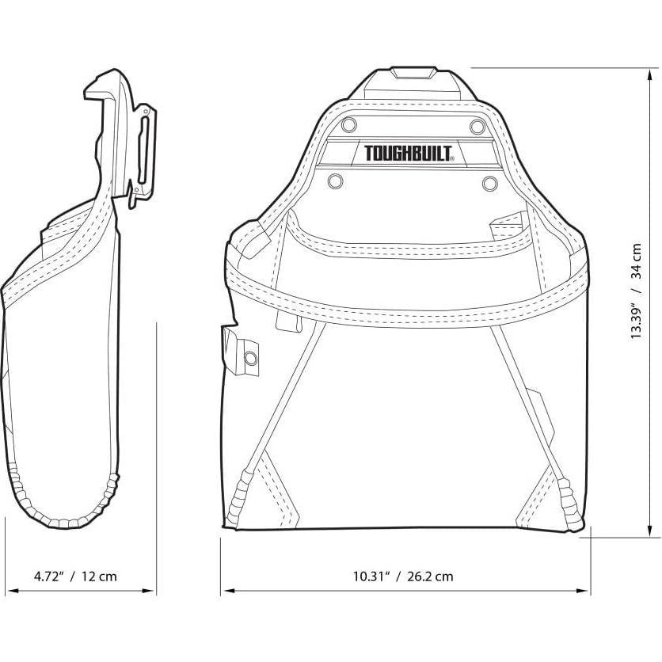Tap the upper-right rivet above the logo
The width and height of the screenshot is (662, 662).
pos(476,127)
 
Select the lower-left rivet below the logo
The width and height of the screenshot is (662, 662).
pos(334,181)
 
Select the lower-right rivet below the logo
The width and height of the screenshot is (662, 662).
pos(489,182)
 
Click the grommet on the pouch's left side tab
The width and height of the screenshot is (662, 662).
pos(251,359)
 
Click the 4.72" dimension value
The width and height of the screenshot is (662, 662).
pos(49,576)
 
